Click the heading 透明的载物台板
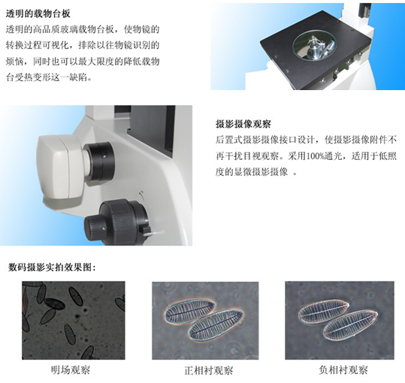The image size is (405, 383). (38, 14)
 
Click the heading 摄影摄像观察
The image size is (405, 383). (243, 125)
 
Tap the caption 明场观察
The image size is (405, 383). (71, 370)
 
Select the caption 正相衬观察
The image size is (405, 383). (209, 371)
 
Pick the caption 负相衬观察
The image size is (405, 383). (343, 370)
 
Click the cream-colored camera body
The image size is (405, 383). (62, 167)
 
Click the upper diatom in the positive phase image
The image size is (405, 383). (190, 311)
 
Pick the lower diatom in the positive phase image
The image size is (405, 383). (216, 325)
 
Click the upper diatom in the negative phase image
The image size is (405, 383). (323, 312)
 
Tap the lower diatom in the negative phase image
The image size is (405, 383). (350, 326)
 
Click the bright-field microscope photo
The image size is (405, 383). (74, 321)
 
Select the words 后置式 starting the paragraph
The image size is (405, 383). (229, 140)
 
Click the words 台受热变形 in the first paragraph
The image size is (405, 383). (29, 77)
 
